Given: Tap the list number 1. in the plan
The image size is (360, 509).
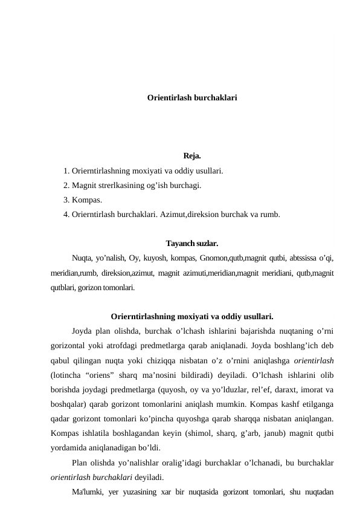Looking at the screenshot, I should pyautogui.click(x=66, y=171).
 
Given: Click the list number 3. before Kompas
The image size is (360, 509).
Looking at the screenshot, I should pyautogui.click(x=66, y=200).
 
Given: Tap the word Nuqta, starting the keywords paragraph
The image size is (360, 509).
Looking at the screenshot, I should pyautogui.click(x=83, y=259).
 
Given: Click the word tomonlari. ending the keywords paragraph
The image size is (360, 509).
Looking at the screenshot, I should pyautogui.click(x=119, y=288).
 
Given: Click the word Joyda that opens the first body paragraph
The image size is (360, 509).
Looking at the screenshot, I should pyautogui.click(x=82, y=331).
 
